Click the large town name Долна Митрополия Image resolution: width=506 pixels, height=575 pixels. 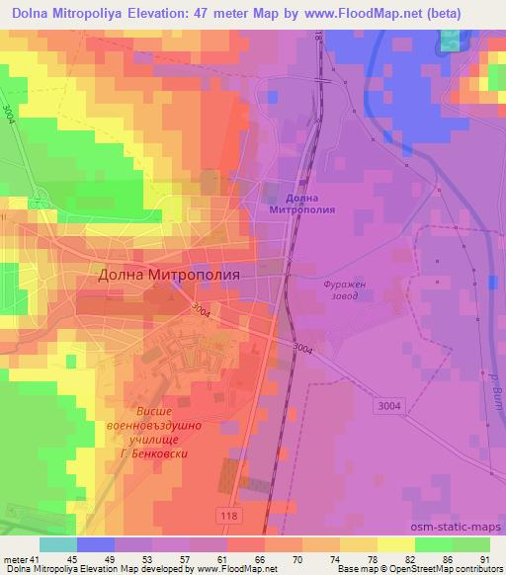(170, 278)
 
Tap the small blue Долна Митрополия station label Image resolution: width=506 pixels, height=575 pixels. (301, 204)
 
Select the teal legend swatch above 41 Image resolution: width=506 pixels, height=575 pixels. (58, 543)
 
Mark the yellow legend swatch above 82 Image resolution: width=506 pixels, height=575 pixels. (396, 543)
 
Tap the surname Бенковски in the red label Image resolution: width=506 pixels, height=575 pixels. (162, 454)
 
